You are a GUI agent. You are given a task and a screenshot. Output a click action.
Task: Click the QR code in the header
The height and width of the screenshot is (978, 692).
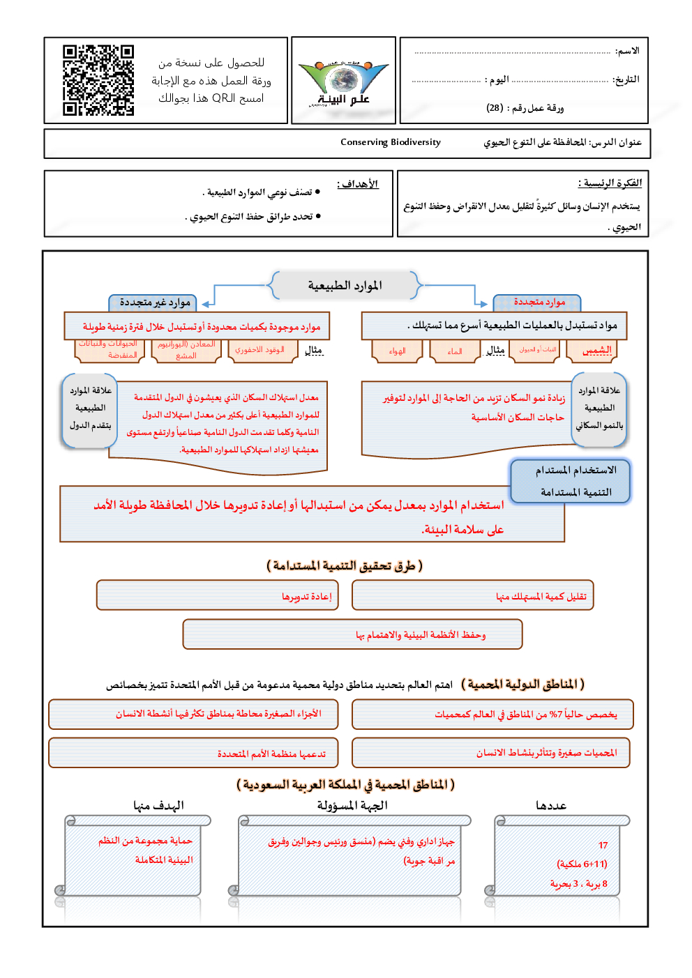pyautogui.click(x=98, y=80)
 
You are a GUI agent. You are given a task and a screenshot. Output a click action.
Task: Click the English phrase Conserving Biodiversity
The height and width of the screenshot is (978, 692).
pyautogui.click(x=391, y=142)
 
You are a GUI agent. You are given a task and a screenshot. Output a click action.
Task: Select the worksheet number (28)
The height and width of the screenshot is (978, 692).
pyautogui.click(x=495, y=108)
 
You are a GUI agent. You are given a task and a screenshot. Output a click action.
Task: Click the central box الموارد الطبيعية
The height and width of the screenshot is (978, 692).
pyautogui.click(x=345, y=286)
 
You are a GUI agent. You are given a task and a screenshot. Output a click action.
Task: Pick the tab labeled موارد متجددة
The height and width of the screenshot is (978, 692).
pyautogui.click(x=539, y=302)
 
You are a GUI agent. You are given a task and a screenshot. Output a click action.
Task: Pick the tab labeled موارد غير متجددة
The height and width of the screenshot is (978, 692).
pyautogui.click(x=154, y=302)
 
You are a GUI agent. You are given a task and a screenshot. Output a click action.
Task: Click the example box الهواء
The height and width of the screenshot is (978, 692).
pyautogui.click(x=398, y=351)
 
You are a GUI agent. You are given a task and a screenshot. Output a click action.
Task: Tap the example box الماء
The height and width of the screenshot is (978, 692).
pyautogui.click(x=455, y=351)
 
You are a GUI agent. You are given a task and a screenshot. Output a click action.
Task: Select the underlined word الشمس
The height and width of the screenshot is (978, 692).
pyautogui.click(x=597, y=350)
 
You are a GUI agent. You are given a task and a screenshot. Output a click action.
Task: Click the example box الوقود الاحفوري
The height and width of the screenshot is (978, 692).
pyautogui.click(x=259, y=350)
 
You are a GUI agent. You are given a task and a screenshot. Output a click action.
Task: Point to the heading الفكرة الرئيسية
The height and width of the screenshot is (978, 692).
pyautogui.click(x=610, y=183)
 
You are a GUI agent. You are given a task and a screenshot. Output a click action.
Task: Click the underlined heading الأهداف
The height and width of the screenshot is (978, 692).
pyautogui.click(x=358, y=184)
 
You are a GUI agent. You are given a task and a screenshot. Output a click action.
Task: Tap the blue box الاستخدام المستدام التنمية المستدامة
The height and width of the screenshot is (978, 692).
pyautogui.click(x=571, y=481)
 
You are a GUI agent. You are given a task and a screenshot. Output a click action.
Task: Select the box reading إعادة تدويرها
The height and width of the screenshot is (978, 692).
pyautogui.click(x=218, y=596)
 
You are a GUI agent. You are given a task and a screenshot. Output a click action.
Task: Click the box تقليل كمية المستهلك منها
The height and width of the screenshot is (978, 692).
pyautogui.click(x=473, y=596)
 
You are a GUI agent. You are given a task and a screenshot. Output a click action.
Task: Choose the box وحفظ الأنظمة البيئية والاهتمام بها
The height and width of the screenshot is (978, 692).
pyautogui.click(x=352, y=634)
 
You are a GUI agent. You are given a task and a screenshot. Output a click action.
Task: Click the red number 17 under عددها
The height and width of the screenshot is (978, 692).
pyautogui.click(x=603, y=845)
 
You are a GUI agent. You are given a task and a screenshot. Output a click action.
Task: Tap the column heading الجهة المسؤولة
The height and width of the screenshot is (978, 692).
pyautogui.click(x=352, y=806)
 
